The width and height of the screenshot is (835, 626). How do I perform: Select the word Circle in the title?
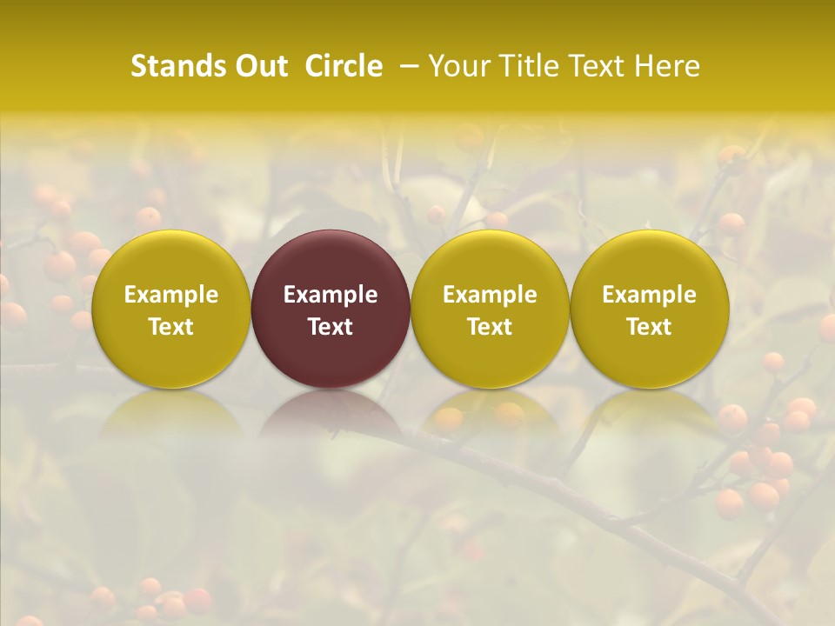[344, 66]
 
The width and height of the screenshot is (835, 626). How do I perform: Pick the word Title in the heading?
[529, 66]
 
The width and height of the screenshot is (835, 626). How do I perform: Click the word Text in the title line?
[598, 66]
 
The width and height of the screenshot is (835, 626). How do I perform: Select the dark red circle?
[331, 309]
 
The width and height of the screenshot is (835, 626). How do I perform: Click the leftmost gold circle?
[170, 309]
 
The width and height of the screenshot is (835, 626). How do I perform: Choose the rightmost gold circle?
[649, 309]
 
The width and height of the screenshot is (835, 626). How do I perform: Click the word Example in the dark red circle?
[331, 295]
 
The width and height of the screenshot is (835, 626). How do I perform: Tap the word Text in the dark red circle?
[331, 327]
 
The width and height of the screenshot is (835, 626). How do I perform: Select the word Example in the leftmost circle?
[170, 295]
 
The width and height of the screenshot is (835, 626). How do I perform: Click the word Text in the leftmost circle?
[170, 327]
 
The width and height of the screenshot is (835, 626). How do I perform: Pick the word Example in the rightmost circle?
[649, 295]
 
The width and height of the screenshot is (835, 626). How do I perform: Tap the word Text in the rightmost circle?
[649, 327]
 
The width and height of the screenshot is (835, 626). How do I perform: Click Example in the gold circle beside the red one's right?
[490, 295]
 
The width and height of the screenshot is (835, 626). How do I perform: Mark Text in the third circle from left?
[490, 327]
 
